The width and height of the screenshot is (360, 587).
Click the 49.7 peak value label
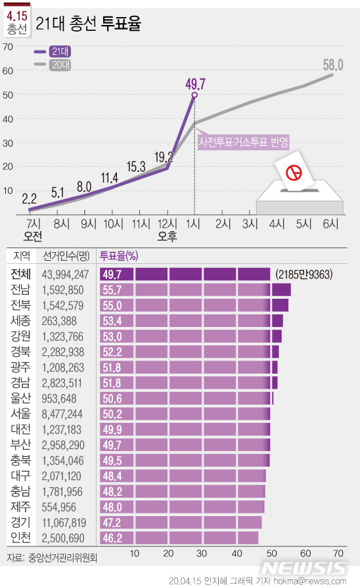pos(196,83)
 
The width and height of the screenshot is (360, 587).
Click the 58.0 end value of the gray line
pos(334,64)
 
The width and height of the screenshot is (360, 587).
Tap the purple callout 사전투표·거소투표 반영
pos(244,141)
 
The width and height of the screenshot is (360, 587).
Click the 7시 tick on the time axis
pos(33,223)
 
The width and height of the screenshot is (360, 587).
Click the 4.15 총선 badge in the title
pos(16,22)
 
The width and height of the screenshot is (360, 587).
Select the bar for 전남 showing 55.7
pos(195,290)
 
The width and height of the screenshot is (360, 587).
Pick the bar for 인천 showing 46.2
pos(179,538)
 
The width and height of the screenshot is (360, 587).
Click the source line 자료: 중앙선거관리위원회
pos(53,558)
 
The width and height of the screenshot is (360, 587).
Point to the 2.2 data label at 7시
pos(29,198)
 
